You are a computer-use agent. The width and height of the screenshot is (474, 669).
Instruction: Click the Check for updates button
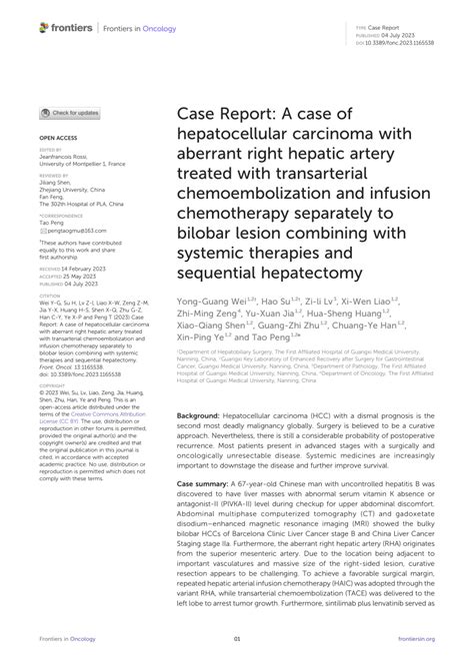pos(69,113)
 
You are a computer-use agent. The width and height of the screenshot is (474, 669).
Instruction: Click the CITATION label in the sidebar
pos(51,295)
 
